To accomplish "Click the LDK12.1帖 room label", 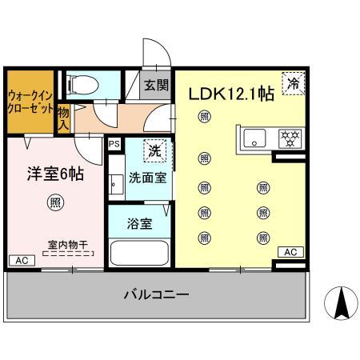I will point(231,94).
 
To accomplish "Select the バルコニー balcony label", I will point(156,295).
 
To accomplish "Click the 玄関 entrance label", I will point(156,86).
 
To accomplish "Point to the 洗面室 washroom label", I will point(149,178).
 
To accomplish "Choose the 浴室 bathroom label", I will point(139,224).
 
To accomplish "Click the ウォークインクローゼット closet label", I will point(30,102).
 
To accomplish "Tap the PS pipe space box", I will point(114,145).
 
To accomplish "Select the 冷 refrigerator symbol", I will point(294,83).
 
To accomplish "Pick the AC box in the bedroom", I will point(21,261).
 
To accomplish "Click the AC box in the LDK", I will point(290,252).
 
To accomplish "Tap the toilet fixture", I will point(79,83).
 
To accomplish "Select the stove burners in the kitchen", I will point(287,138).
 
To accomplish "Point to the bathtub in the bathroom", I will point(139,254).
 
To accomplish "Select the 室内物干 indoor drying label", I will point(67,246).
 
